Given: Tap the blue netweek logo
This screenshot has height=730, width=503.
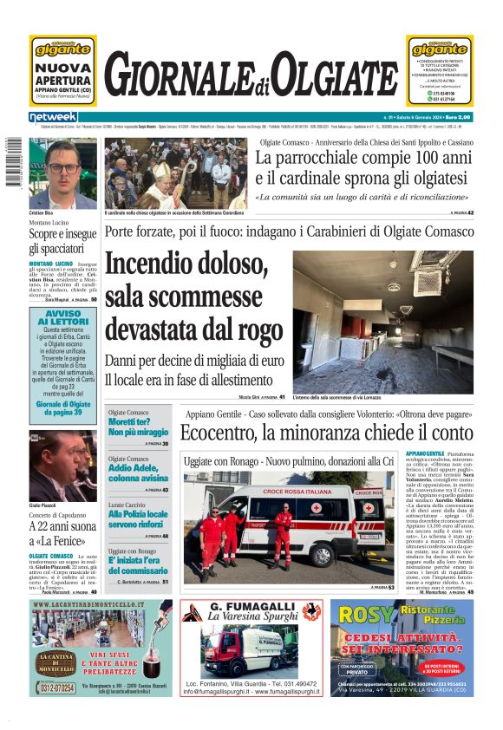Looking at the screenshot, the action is coord(54,117).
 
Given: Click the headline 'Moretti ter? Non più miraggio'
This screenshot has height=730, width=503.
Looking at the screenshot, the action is coord(138,426).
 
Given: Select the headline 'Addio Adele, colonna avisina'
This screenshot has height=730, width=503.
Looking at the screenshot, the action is coord(138,473).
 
